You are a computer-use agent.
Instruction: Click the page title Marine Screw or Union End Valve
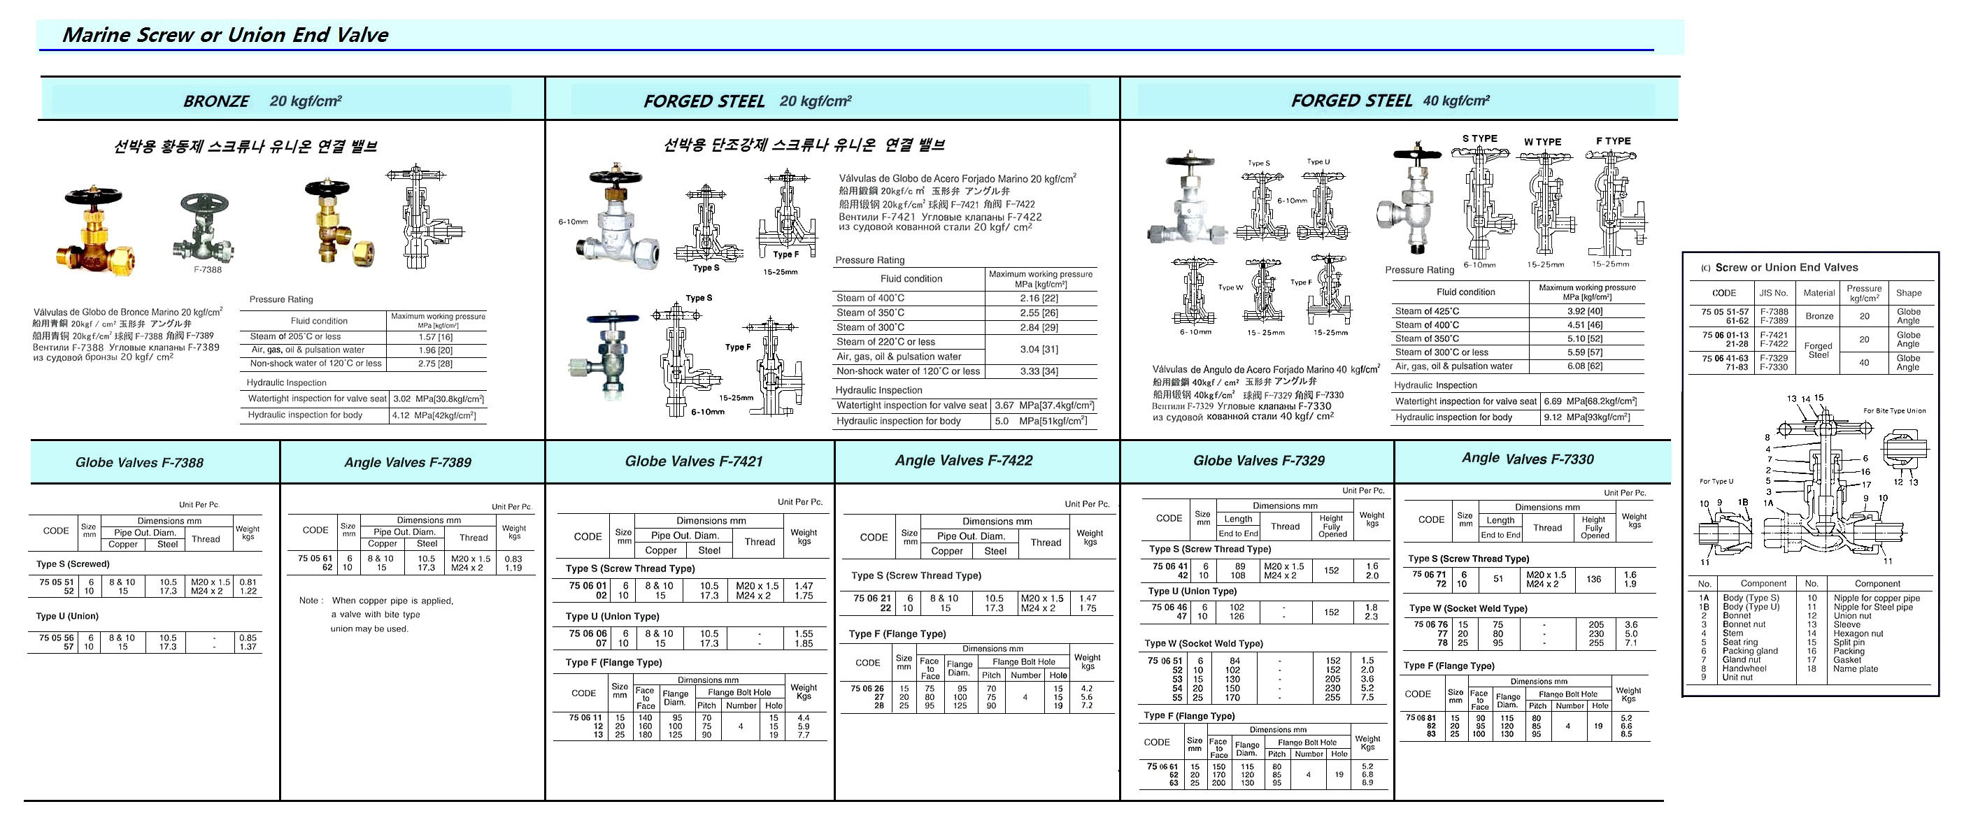225,35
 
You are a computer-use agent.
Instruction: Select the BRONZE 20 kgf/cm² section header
262,101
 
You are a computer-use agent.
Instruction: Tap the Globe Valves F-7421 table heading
693,461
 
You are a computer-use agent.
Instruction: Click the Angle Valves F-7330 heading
1527,459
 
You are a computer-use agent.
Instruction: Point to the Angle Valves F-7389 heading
407,462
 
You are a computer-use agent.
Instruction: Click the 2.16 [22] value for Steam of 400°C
1039,299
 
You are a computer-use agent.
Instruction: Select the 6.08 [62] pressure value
1584,366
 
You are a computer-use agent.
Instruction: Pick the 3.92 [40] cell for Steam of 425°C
1584,312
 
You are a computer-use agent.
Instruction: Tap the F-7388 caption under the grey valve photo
207,270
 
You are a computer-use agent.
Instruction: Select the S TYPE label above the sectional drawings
1479,138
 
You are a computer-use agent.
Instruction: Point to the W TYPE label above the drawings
1542,142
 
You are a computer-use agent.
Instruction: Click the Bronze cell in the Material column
1819,316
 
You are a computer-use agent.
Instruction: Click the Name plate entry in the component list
1855,669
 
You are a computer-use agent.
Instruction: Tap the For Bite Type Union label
1894,411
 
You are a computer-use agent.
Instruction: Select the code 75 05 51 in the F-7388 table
57,582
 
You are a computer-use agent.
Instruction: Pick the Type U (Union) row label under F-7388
67,616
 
